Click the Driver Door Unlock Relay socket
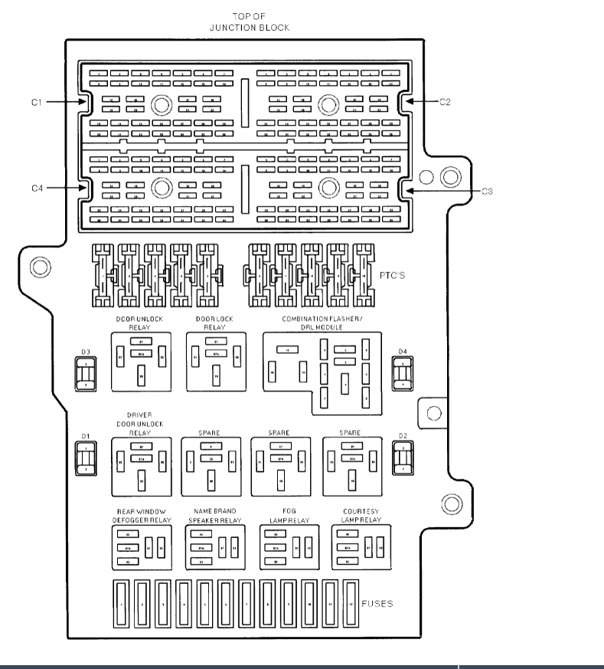tap(139, 466)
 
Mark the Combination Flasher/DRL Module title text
tap(321, 322)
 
